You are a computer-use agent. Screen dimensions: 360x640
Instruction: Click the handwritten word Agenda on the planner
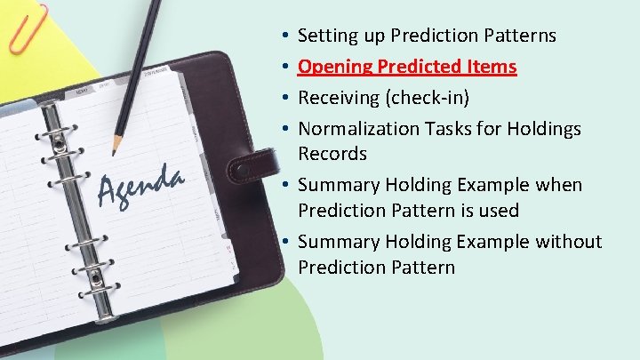pos(140,184)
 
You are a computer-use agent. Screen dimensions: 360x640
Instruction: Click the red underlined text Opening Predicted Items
pos(407,68)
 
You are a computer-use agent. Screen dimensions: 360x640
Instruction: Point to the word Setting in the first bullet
pos(325,36)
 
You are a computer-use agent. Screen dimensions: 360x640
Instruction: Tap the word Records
pos(332,154)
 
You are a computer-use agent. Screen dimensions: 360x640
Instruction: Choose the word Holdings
pos(544,129)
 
